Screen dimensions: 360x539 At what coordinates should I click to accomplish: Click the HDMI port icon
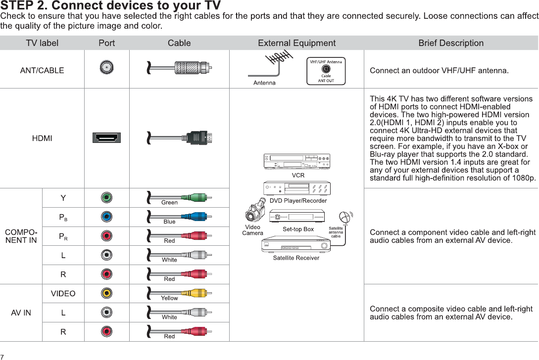[x=106, y=138]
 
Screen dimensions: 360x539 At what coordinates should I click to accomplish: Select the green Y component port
[x=106, y=198]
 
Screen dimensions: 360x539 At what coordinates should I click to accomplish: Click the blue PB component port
[x=106, y=217]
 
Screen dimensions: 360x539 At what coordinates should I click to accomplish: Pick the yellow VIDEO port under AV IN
[x=106, y=293]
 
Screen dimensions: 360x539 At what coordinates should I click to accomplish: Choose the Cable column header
[x=179, y=43]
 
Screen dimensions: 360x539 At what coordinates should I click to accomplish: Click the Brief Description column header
[x=451, y=43]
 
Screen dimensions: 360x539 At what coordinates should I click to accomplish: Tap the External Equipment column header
[x=296, y=43]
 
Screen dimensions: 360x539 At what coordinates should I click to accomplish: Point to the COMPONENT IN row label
[x=21, y=236]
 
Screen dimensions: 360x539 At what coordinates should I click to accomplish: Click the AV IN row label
[x=21, y=313]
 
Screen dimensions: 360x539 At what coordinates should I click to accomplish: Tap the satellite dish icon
[x=345, y=218]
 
